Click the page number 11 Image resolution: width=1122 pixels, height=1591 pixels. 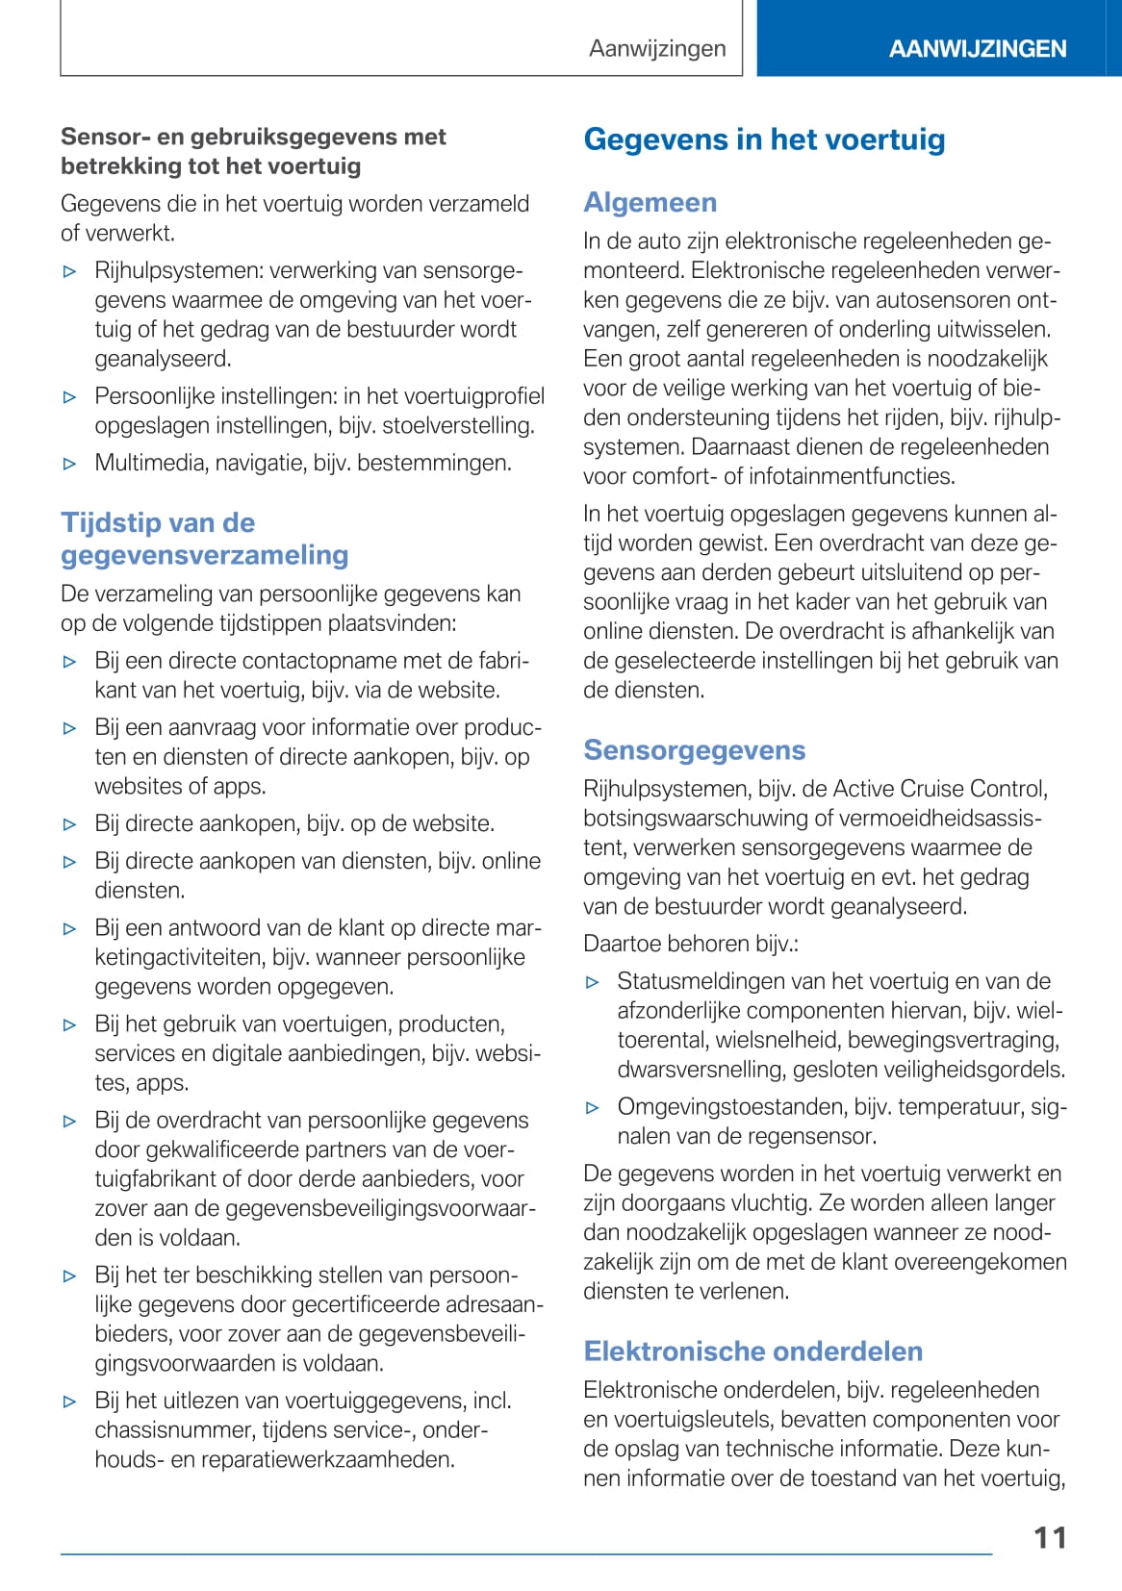[x=1050, y=1537]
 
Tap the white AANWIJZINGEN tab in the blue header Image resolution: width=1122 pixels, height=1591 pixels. [x=977, y=49]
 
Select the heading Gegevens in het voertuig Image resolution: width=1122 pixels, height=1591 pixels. [x=764, y=139]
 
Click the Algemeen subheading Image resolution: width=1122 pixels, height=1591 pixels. [x=650, y=202]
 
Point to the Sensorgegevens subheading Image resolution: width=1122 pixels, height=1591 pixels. [x=694, y=750]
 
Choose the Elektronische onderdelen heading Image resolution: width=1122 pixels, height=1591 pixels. [x=752, y=1351]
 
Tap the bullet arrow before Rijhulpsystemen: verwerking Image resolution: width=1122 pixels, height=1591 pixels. [x=69, y=271]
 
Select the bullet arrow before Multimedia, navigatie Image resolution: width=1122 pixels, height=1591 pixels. [x=69, y=464]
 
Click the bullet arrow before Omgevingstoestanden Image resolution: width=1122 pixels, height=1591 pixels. [x=593, y=1107]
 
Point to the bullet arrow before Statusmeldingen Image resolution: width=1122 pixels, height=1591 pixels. [x=593, y=982]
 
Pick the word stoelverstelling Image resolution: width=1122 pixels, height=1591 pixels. [x=471, y=425]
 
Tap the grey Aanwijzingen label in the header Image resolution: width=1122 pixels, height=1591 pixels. [x=657, y=49]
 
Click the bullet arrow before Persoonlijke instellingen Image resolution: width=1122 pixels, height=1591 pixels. [x=69, y=396]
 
